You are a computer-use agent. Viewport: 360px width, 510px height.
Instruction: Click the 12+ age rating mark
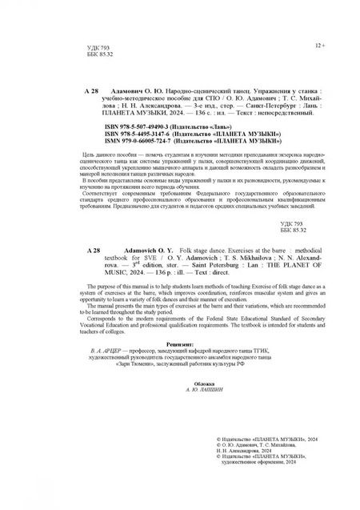321,46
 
